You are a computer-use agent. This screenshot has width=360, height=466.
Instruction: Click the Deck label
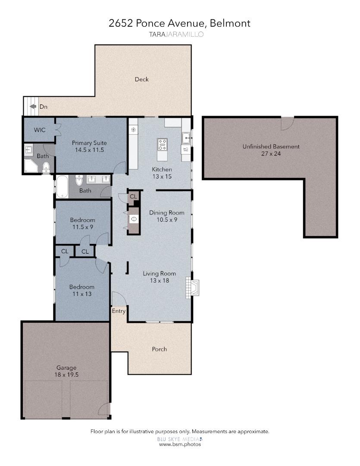tap(141, 79)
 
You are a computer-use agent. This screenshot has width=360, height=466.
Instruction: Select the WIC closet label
tap(40, 129)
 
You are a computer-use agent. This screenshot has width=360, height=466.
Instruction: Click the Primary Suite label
tap(89, 146)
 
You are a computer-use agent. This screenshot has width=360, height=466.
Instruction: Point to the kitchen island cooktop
tap(163, 144)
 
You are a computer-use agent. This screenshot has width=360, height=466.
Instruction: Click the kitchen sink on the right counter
tap(186, 138)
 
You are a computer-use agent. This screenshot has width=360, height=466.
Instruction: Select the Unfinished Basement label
tap(271, 150)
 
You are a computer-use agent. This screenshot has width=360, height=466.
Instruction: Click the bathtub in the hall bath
tap(62, 186)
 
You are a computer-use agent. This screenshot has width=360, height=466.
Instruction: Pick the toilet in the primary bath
tap(46, 167)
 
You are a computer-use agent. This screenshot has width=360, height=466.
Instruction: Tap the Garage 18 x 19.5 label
tap(66, 371)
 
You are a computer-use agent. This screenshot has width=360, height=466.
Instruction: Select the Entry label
tap(119, 311)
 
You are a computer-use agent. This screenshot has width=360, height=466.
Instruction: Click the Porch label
tap(159, 349)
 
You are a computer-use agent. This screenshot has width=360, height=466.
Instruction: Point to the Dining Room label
tap(166, 216)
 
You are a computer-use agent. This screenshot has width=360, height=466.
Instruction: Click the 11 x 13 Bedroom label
tap(81, 290)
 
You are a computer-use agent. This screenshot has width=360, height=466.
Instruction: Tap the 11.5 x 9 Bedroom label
tap(82, 223)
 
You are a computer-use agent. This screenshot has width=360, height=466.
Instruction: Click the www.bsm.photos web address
tap(180, 444)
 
